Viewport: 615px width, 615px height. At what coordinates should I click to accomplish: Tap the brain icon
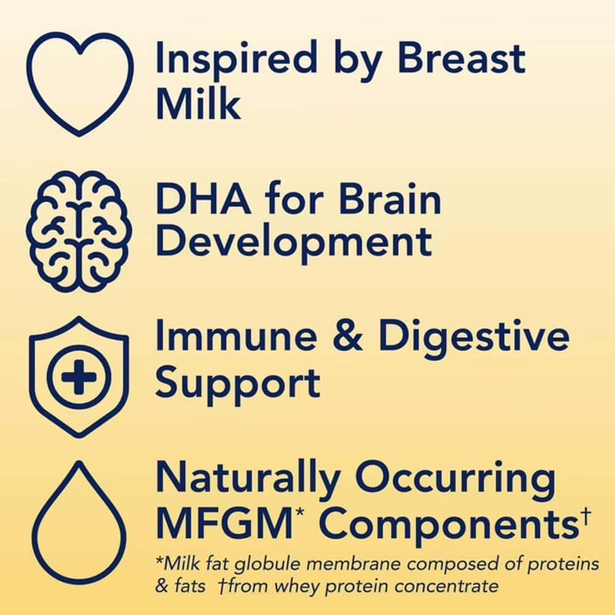pos(79,231)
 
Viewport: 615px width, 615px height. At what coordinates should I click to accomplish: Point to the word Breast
pos(461,59)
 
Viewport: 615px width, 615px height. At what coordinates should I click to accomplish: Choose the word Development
pos(294,242)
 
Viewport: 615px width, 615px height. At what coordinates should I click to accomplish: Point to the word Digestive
pos(474,338)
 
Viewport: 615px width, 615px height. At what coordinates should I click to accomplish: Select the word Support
pos(237,384)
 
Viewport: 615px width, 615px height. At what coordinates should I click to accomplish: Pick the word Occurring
pos(455,479)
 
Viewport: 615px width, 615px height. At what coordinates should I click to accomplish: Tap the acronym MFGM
pos(224,522)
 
